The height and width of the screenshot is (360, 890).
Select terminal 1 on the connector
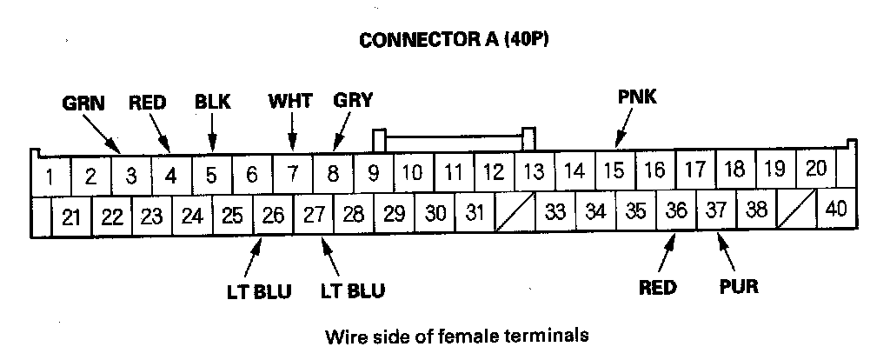(x=50, y=177)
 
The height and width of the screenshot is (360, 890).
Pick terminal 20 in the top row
(x=815, y=170)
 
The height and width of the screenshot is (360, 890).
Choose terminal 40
(x=836, y=210)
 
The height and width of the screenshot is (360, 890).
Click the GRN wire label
(x=83, y=103)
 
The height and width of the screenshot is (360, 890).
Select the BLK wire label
(x=212, y=102)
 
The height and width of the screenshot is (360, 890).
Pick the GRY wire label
(x=353, y=99)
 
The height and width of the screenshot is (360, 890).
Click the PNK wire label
(x=637, y=97)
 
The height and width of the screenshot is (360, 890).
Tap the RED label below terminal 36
(x=657, y=288)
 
